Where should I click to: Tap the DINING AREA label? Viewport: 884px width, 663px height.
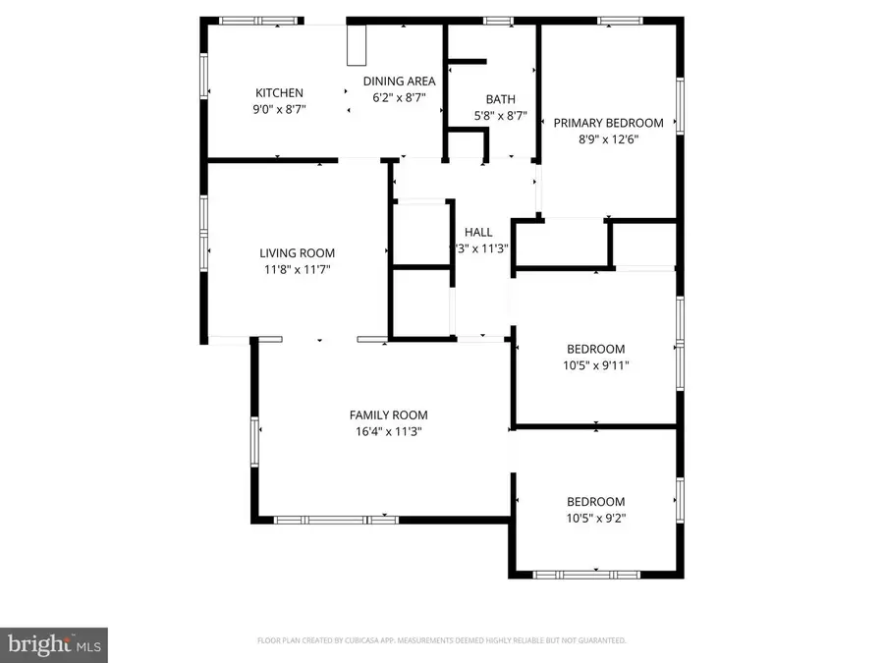[x=399, y=82]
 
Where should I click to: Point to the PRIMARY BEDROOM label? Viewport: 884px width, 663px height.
[x=608, y=123]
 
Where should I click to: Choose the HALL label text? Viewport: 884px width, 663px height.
[x=478, y=232]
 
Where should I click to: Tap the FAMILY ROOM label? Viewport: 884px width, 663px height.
[x=389, y=414]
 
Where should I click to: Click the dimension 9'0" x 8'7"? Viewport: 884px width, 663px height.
[x=280, y=110]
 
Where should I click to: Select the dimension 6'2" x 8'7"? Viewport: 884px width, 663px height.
[x=399, y=98]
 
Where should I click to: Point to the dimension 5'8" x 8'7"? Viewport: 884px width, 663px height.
[x=500, y=116]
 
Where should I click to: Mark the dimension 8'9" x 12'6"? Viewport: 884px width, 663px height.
[x=608, y=139]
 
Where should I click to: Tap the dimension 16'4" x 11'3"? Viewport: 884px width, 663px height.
[x=389, y=431]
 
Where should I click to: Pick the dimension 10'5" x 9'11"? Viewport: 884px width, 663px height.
[x=596, y=365]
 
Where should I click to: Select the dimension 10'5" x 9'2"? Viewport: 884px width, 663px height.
[x=596, y=518]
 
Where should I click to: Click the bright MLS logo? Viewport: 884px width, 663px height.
[x=54, y=644]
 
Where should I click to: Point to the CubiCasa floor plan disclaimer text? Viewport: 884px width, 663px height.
[x=441, y=640]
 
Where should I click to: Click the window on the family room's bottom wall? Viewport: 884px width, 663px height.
[x=335, y=520]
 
